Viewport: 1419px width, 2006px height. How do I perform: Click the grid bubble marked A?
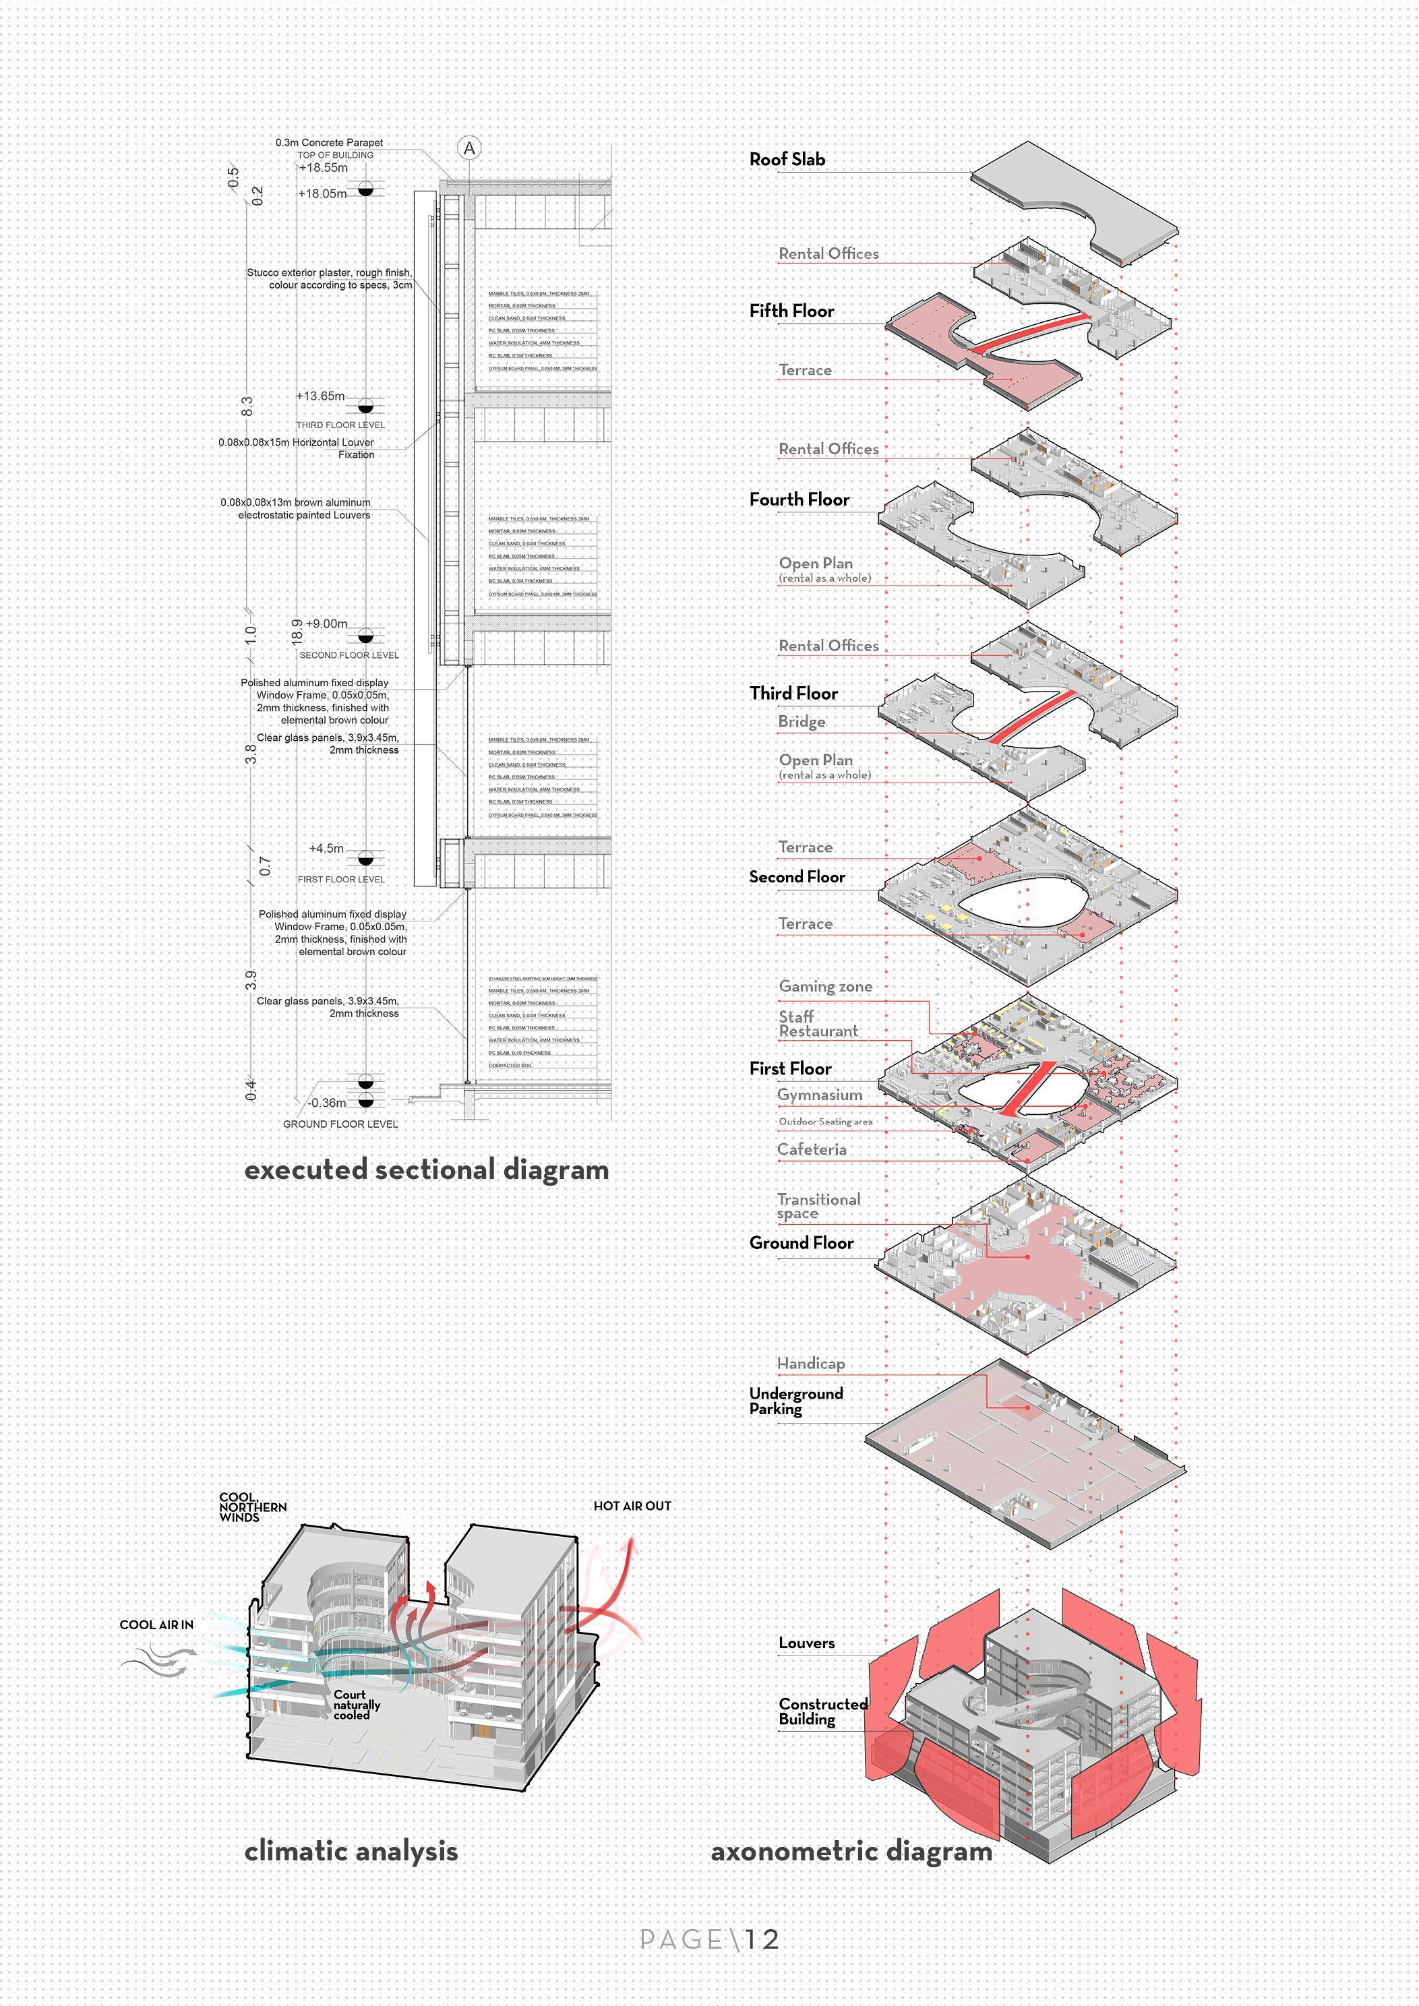[469, 148]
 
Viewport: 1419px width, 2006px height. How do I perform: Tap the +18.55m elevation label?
[324, 168]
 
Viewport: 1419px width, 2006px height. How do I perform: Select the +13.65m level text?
[321, 396]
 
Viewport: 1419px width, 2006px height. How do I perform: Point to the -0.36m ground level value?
[327, 1103]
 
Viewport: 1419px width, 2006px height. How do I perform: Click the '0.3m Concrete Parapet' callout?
[330, 142]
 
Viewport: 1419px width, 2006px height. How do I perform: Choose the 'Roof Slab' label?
[787, 159]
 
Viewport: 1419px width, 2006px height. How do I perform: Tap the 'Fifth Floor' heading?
[791, 311]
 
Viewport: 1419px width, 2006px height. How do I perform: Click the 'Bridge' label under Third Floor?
[802, 722]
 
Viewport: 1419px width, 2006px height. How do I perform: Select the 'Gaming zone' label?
[826, 986]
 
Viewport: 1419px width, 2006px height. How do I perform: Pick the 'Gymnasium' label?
[820, 1095]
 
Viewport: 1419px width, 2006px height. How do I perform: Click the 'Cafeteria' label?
[812, 1150]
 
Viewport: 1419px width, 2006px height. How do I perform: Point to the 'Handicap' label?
[811, 1363]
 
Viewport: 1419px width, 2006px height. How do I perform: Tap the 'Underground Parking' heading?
[795, 1401]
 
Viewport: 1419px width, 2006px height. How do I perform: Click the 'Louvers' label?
[806, 1643]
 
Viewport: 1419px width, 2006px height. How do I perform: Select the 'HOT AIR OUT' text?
[632, 1505]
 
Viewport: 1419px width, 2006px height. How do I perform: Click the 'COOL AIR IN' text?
[156, 1624]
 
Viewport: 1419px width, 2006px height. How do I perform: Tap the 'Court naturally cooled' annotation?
[357, 1705]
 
